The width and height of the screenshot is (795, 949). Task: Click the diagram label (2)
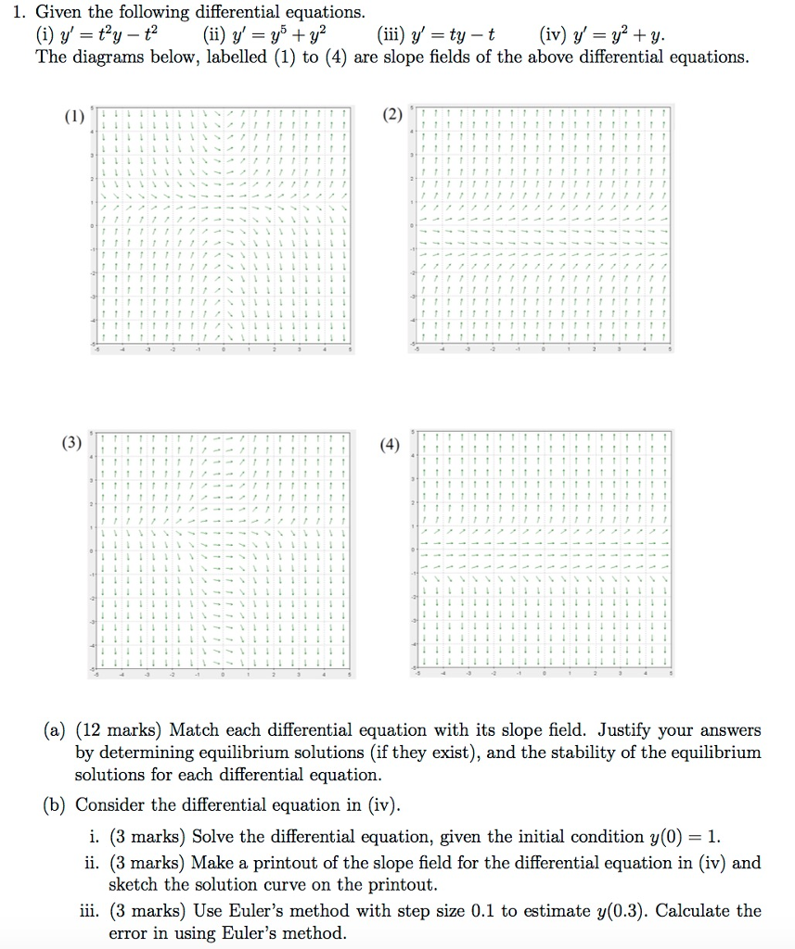tap(392, 116)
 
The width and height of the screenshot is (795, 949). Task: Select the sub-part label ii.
tap(91, 863)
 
